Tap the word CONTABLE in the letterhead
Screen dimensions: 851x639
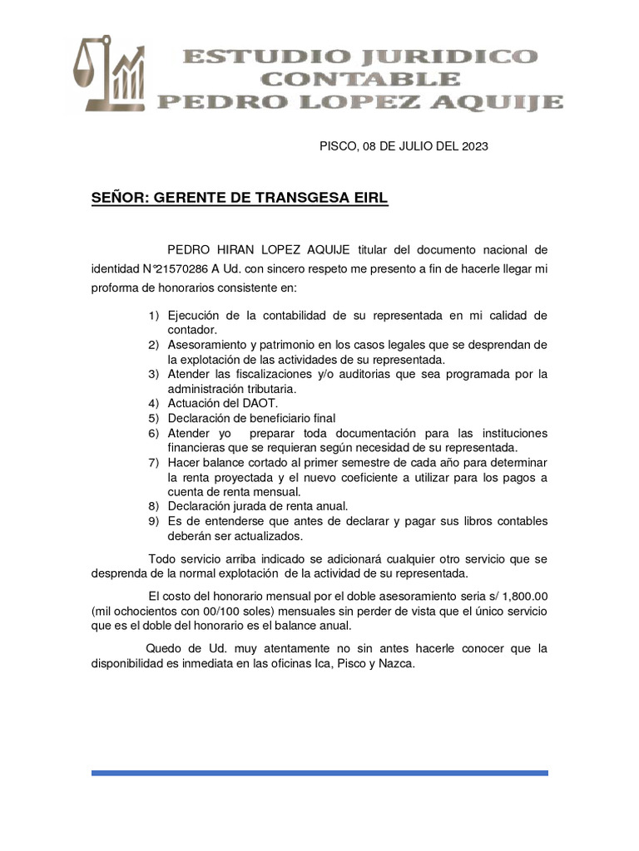(x=359, y=80)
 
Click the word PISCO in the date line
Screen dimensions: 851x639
(x=338, y=146)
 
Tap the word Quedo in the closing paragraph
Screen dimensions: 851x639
(x=163, y=648)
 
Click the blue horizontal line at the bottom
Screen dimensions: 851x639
(x=319, y=773)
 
